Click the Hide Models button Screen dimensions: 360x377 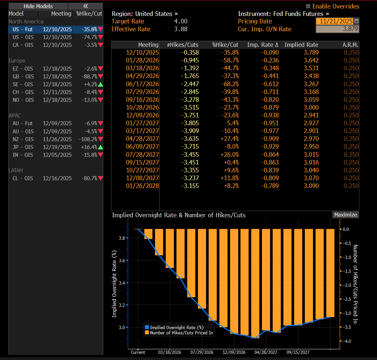[x=38, y=6]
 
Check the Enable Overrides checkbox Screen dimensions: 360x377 [x=308, y=6]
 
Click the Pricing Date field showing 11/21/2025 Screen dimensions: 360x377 [x=336, y=21]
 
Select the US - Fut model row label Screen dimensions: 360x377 [x=22, y=29]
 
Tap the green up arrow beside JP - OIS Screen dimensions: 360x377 [x=100, y=147]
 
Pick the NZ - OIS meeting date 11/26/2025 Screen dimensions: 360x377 [x=57, y=139]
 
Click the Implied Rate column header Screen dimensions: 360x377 [x=301, y=45]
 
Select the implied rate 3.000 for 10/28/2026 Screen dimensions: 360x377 [x=311, y=107]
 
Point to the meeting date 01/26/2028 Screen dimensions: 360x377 [x=142, y=186]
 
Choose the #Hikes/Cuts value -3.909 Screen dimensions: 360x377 [x=190, y=131]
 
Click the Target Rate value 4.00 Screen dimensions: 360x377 [x=181, y=21]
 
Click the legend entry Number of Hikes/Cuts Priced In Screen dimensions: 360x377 [x=181, y=333]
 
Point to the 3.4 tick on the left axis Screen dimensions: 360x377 [x=122, y=283]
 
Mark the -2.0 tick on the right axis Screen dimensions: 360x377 [x=346, y=285]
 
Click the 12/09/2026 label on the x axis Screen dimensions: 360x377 [x=234, y=352]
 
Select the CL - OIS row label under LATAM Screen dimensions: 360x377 [x=22, y=178]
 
